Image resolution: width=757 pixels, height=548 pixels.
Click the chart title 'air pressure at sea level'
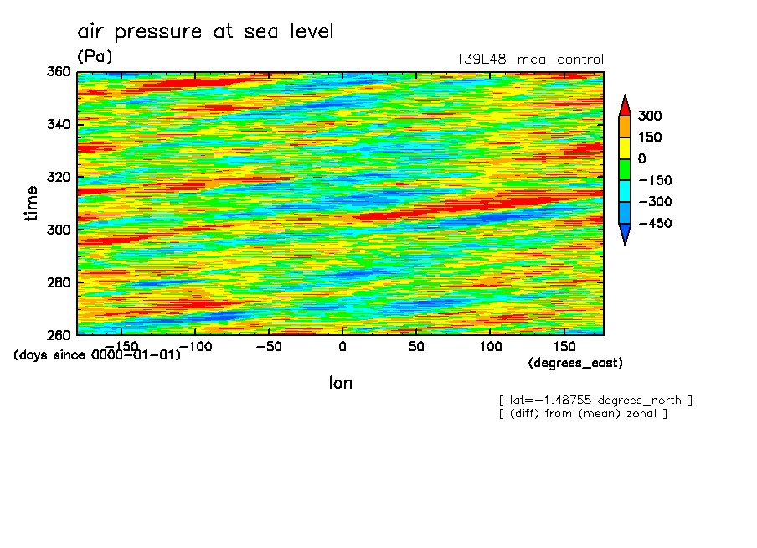205,32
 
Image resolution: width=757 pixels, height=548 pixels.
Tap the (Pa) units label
95,57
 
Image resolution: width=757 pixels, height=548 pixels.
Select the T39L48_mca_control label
529,59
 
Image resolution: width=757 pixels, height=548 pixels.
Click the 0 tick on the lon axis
342,346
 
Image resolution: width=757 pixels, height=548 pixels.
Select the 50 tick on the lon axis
415,346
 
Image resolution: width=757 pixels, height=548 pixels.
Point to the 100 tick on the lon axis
490,346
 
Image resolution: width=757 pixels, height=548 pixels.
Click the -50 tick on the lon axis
267,346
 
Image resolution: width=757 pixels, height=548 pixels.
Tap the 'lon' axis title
340,383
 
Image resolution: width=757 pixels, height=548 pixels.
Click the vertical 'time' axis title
32,203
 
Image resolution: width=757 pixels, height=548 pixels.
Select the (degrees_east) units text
575,363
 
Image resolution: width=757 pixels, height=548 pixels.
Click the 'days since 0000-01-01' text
97,354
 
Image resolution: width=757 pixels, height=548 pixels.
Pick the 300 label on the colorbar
648,116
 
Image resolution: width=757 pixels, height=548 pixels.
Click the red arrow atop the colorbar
624,105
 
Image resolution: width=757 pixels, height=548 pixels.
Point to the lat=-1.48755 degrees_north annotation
595,400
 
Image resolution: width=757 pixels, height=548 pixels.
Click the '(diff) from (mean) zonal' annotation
583,413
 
